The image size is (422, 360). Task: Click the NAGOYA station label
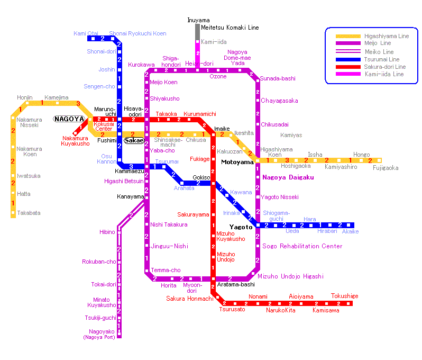tap(69, 119)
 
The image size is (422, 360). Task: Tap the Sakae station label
tap(134, 140)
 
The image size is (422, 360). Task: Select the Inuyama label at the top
tap(198, 20)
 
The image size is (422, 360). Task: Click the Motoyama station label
tap(237, 162)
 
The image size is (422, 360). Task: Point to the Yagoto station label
tap(241, 227)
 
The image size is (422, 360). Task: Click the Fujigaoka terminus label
tap(386, 168)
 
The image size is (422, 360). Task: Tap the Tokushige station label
tap(344, 296)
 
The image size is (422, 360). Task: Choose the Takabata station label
tap(29, 213)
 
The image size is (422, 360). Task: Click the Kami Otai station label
tap(86, 33)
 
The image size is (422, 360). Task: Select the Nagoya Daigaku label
tap(288, 177)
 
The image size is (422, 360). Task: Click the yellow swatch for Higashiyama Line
tap(348, 36)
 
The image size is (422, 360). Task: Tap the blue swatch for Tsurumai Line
tap(348, 59)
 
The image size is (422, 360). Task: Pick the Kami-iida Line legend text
tap(384, 74)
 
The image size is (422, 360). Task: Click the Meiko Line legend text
tap(379, 52)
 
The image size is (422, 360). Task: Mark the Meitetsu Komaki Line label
tap(230, 28)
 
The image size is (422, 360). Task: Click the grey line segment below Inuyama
tap(198, 32)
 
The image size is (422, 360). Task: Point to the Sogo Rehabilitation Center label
tap(302, 246)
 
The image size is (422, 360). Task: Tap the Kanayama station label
tap(131, 197)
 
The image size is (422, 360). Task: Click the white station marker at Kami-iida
tap(198, 42)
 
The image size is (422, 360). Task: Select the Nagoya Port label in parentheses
tap(99, 337)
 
